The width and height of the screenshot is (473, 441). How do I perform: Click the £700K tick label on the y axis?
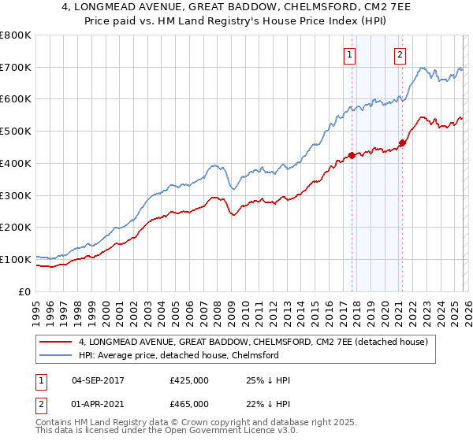tap(16, 68)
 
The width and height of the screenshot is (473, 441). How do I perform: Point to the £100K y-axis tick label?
tap(16, 259)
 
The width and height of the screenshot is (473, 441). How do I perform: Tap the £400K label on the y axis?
tap(16, 163)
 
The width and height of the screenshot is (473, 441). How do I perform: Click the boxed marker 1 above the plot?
tap(349, 54)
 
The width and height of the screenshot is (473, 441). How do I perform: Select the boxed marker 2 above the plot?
tap(400, 54)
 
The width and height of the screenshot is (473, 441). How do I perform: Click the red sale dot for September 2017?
tap(352, 155)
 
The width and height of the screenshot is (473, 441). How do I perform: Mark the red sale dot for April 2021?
tap(402, 143)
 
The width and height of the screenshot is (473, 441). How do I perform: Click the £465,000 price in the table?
tap(189, 403)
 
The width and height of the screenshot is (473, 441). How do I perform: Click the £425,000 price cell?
tap(189, 380)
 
